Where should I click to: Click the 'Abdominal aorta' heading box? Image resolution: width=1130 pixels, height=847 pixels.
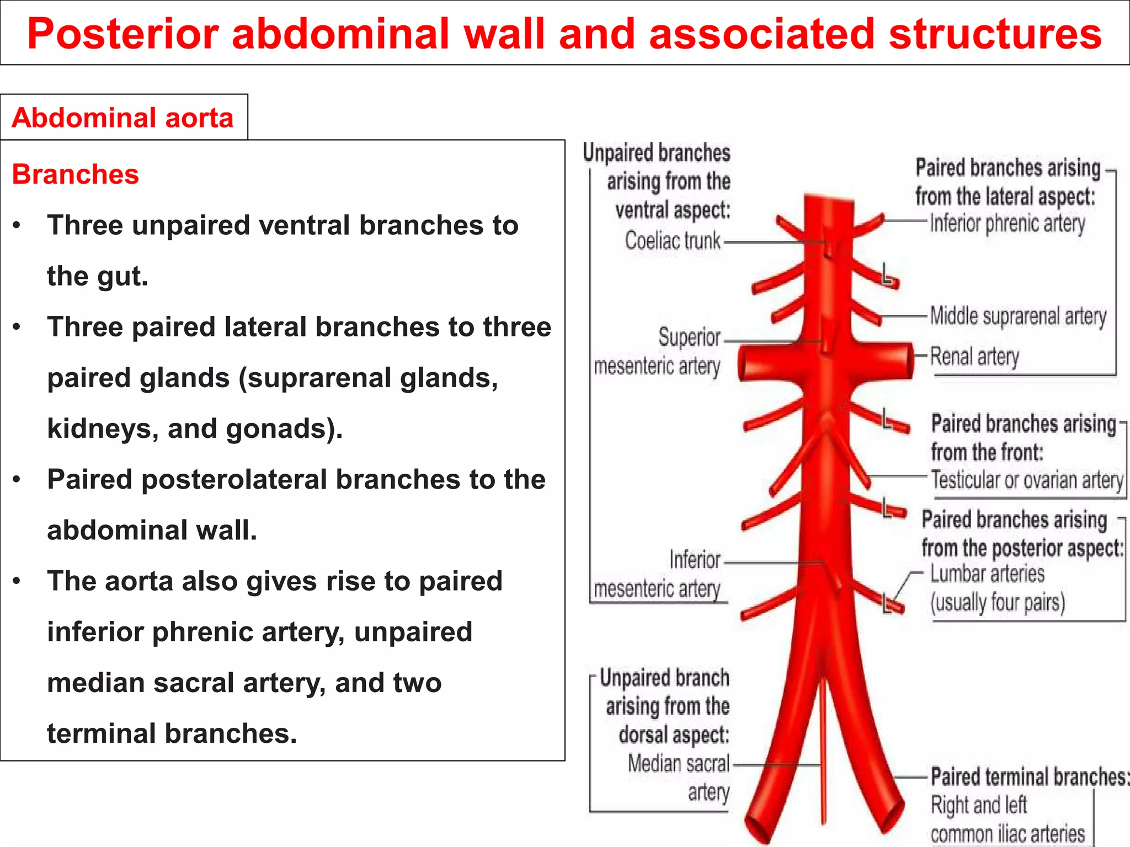click(124, 117)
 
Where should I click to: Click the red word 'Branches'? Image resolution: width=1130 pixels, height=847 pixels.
click(75, 174)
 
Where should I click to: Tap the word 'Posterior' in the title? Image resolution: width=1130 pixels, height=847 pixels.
click(123, 34)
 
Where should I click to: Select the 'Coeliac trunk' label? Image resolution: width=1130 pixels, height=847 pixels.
click(672, 241)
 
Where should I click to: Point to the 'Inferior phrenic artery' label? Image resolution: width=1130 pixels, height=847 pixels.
click(1007, 223)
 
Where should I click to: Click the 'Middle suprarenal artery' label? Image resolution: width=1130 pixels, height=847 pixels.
click(1018, 317)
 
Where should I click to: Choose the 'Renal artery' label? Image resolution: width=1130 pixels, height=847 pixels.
click(974, 356)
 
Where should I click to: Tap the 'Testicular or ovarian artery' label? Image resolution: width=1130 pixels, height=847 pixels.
click(1027, 480)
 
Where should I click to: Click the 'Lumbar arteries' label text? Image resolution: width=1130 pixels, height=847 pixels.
click(987, 574)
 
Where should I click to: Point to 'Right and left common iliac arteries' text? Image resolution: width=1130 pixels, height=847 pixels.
click(1007, 820)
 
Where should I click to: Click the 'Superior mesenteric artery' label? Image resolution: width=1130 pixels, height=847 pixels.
click(658, 352)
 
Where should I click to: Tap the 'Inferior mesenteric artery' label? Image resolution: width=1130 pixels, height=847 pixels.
click(658, 575)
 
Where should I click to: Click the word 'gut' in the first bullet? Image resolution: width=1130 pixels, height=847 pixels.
click(119, 276)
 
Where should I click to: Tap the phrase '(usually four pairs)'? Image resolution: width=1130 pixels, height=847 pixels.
click(997, 602)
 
